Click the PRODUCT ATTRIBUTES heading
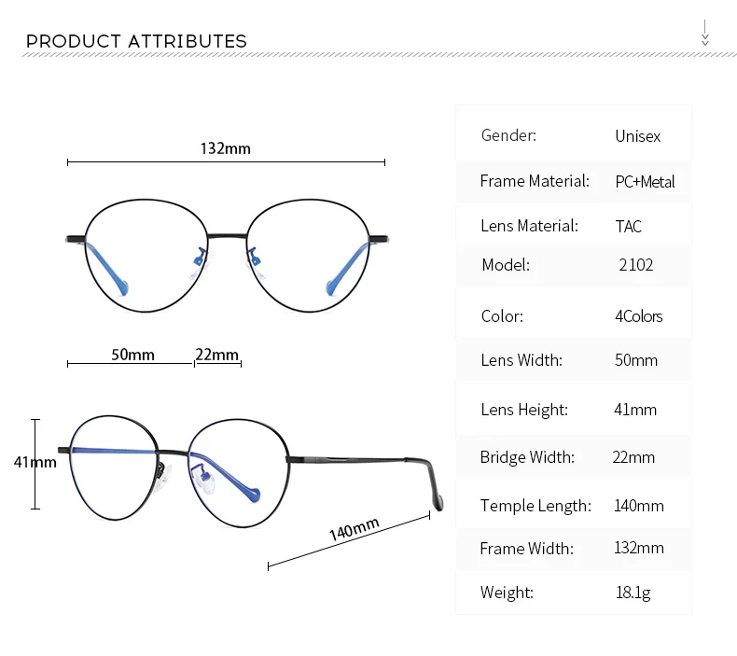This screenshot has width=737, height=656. (x=136, y=41)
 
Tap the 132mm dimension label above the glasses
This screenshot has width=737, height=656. (x=226, y=148)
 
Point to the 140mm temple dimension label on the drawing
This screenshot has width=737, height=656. (x=354, y=529)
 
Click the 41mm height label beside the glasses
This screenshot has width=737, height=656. (x=35, y=462)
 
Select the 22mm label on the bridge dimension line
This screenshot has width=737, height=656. (x=217, y=354)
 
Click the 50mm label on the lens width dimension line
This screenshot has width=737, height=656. (x=133, y=354)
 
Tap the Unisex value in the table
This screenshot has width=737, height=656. (x=638, y=136)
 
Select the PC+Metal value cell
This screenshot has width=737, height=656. (x=645, y=182)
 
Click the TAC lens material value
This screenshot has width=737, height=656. (x=629, y=226)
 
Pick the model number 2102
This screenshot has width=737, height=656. (x=636, y=265)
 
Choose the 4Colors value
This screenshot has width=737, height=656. (x=639, y=316)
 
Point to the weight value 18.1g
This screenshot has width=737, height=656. (x=633, y=593)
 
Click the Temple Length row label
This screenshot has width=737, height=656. (x=535, y=506)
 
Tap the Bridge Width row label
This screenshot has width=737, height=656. (x=527, y=457)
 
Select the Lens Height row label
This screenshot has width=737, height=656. (x=524, y=410)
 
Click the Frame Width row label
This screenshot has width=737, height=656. (x=526, y=549)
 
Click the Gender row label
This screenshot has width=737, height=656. (x=508, y=135)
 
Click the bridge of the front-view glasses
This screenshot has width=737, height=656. (x=227, y=236)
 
